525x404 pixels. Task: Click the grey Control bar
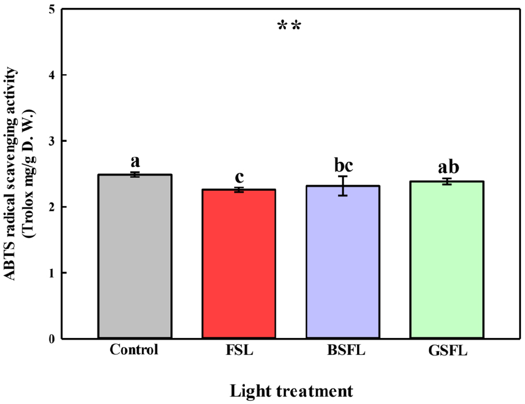click(135, 256)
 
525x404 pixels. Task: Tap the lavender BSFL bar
click(343, 262)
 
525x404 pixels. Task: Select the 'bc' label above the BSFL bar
click(343, 166)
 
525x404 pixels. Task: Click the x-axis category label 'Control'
click(134, 350)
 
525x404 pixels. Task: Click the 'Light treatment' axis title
click(291, 391)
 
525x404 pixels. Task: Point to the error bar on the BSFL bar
click(343, 186)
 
